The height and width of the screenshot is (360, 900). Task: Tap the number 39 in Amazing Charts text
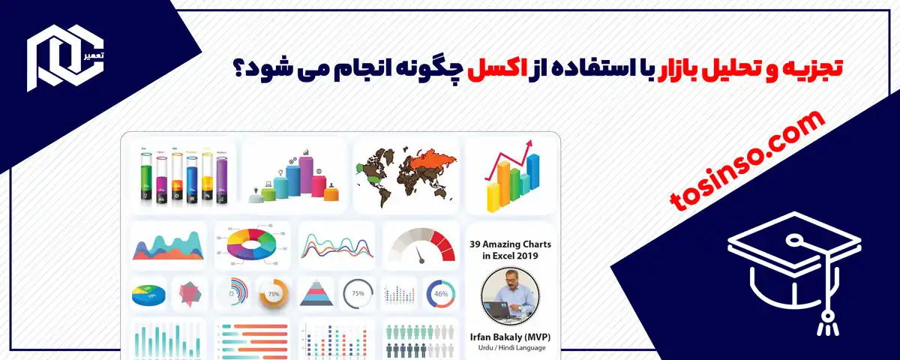(x=477, y=244)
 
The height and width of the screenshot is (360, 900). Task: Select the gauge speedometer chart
(x=421, y=244)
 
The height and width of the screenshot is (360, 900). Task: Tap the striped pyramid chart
(x=316, y=293)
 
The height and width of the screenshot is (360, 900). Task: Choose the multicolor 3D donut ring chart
(x=251, y=244)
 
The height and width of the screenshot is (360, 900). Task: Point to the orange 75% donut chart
(x=272, y=294)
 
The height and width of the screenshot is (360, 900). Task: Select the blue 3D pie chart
(x=148, y=295)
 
